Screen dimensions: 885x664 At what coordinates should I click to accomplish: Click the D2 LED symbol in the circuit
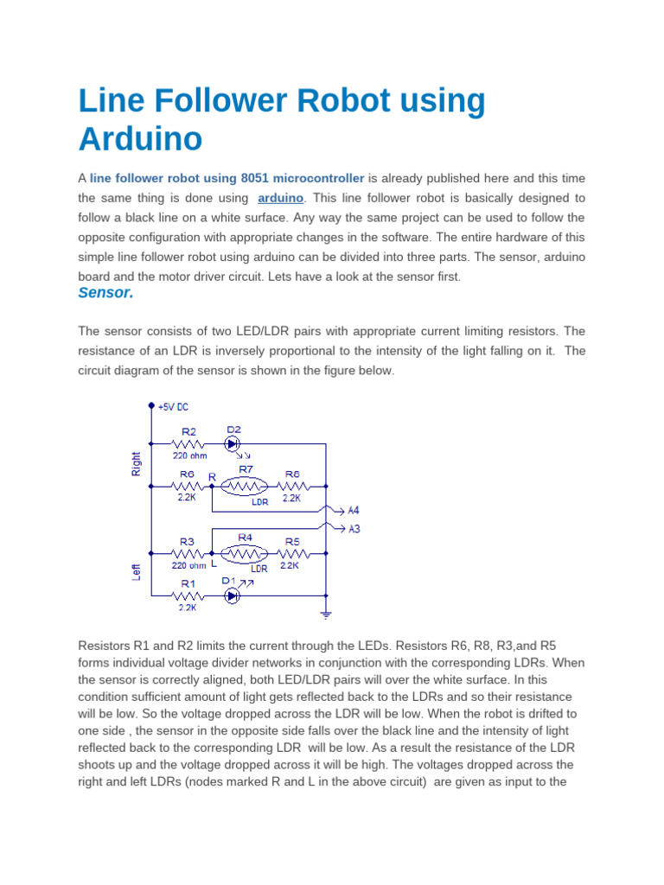click(232, 444)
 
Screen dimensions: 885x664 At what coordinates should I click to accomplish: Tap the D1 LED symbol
click(232, 595)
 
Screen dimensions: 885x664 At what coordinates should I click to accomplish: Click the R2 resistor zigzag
click(188, 444)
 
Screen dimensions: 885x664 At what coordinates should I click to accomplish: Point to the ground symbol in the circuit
click(326, 614)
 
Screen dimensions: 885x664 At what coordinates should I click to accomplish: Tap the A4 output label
click(354, 510)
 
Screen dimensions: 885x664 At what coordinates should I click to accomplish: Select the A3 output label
click(354, 529)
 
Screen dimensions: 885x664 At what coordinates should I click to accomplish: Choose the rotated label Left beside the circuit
click(136, 571)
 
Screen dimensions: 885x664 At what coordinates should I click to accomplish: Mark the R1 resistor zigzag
click(188, 595)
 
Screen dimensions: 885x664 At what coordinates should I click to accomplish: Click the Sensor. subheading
click(105, 293)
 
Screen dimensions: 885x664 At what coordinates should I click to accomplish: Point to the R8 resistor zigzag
click(291, 487)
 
